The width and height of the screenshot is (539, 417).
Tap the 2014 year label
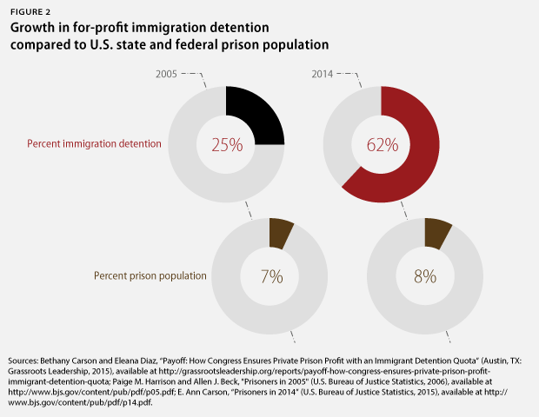click(x=323, y=75)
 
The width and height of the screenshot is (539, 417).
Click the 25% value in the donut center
click(x=227, y=144)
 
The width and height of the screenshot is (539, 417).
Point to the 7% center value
click(x=271, y=277)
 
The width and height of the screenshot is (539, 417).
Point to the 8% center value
click(x=427, y=277)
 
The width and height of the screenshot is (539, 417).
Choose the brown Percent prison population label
click(x=150, y=276)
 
